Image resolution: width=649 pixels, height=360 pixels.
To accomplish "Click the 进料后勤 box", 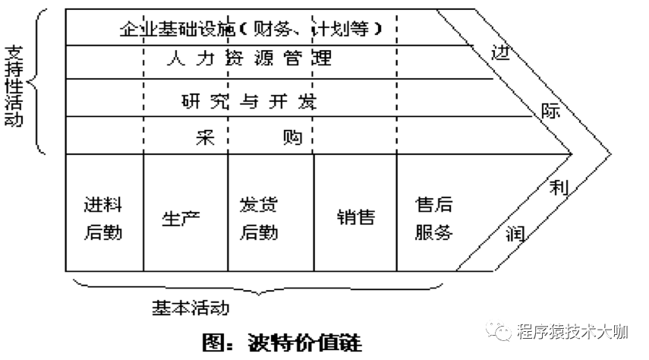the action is pos(103,218).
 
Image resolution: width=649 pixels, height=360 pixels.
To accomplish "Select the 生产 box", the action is pos(181,218).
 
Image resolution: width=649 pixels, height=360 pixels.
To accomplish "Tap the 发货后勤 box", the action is pos(259,218).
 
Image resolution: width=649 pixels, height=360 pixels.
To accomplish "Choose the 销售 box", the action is pos(355,218).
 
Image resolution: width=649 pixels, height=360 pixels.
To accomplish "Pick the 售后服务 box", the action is pos(433,218).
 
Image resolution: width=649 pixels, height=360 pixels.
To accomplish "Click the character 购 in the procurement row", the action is pos(291,137).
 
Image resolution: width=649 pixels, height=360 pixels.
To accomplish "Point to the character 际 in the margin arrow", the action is pos(550,111).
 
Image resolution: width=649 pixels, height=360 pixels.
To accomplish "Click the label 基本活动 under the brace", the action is pos(191,308).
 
